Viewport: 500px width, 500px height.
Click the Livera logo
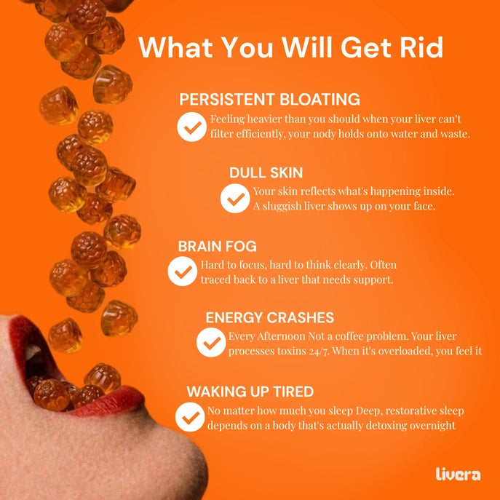tap(458, 475)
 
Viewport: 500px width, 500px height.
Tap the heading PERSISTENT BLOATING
tap(269, 99)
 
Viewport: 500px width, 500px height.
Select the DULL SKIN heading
tap(266, 172)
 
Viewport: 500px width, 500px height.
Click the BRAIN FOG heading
tap(217, 247)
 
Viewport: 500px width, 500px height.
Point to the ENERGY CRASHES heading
tap(270, 317)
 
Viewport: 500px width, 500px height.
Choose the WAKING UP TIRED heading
tap(250, 392)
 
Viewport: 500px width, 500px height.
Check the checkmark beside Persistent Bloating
tap(192, 127)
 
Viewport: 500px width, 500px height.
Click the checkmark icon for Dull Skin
tap(235, 199)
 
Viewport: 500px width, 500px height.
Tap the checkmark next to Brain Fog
tap(183, 271)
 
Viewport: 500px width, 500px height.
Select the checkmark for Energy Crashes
tap(211, 343)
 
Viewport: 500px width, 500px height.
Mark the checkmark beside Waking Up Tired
tap(190, 417)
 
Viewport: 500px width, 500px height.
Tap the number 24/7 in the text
tap(319, 351)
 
